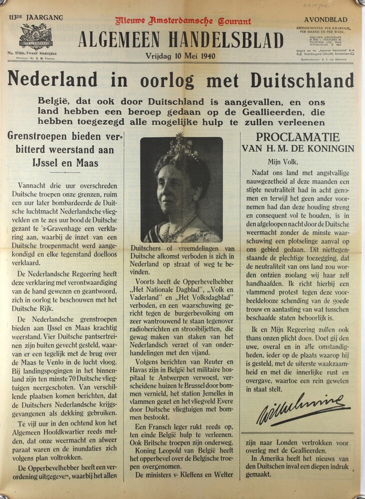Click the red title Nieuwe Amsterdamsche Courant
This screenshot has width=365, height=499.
[183, 21]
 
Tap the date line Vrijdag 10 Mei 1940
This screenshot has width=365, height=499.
[181, 56]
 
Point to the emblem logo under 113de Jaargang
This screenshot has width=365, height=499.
[36, 35]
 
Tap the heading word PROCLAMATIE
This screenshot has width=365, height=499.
[297, 137]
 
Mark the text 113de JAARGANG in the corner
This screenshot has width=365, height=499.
[36, 18]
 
